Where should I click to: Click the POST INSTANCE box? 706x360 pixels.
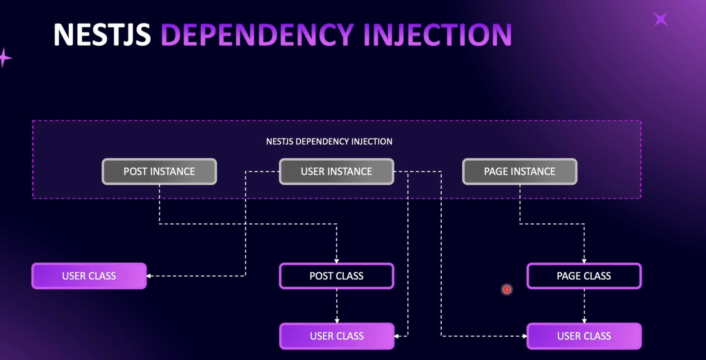[x=159, y=171]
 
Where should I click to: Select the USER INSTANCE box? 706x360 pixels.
[x=337, y=171]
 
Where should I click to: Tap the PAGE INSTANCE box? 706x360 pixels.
[x=520, y=171]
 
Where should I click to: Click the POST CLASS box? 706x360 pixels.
[x=337, y=276]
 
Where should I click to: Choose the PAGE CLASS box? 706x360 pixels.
[x=584, y=276]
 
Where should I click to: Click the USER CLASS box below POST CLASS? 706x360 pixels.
[x=337, y=336]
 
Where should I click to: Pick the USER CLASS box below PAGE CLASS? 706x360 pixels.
[x=584, y=336]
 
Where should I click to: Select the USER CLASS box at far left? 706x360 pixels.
[x=89, y=276]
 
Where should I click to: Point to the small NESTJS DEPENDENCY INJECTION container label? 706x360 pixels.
[x=329, y=142]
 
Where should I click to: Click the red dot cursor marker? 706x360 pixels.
[x=507, y=289]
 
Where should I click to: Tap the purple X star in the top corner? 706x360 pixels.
[x=661, y=19]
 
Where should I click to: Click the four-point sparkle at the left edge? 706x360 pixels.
[x=4, y=58]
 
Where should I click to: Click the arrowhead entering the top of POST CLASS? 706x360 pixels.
[x=337, y=261]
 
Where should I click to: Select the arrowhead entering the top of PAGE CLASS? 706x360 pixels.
[x=584, y=261]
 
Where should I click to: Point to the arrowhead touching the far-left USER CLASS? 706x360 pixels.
[x=149, y=276]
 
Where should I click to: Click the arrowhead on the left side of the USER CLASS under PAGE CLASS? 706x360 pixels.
[x=525, y=336]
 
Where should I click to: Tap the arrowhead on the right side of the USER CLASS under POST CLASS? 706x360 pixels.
[x=396, y=336]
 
